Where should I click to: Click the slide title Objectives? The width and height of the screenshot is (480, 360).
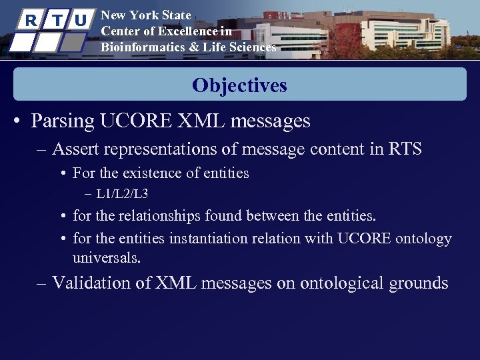coord(239,85)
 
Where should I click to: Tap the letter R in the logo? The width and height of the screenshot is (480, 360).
coord(30,20)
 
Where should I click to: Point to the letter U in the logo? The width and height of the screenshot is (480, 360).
coord(80,20)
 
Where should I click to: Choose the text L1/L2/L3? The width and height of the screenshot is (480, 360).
coord(122,195)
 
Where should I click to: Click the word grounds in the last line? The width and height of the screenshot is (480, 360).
coord(423,283)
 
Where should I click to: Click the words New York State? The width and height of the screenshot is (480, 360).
coord(145,15)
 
